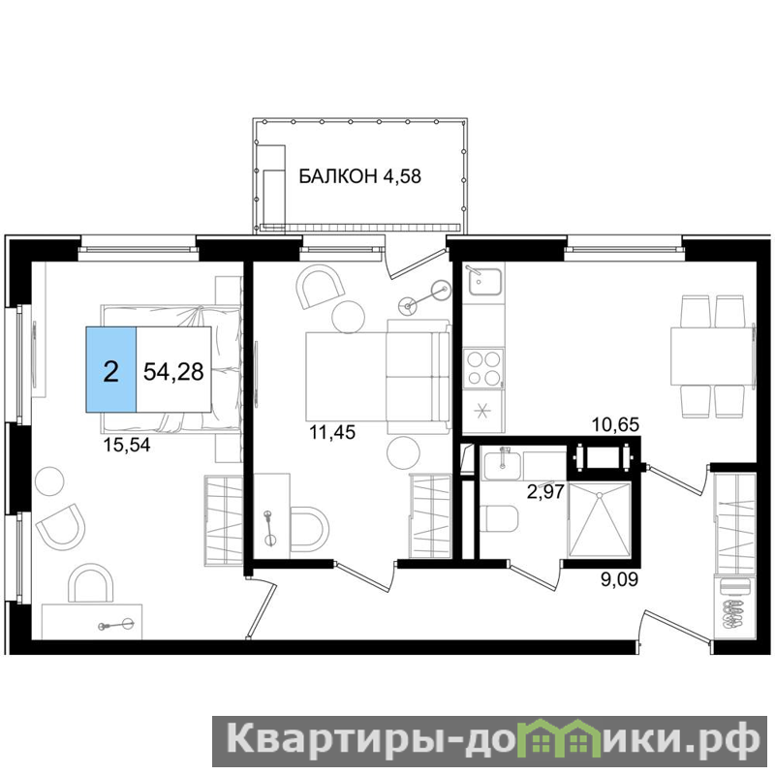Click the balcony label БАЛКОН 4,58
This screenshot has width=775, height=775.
tap(359, 176)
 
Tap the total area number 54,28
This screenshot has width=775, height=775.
tap(173, 371)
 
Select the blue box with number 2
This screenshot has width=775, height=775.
tap(111, 369)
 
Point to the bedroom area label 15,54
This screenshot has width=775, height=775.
tap(127, 445)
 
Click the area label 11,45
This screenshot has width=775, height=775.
tap(332, 432)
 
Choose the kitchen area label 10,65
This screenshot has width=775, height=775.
tap(615, 424)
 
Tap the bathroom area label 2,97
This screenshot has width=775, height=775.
tap(545, 492)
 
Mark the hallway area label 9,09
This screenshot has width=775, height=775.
tap(619, 579)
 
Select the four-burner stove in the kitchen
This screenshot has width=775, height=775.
tap(483, 368)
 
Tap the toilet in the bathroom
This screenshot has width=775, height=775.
tap(498, 518)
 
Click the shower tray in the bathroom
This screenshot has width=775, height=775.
tap(600, 519)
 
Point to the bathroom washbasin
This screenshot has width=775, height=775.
tap(502, 465)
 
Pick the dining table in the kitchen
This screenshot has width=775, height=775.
tap(712, 356)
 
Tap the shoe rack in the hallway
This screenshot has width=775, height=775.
tap(735, 602)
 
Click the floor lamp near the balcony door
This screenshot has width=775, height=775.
tap(425, 297)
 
